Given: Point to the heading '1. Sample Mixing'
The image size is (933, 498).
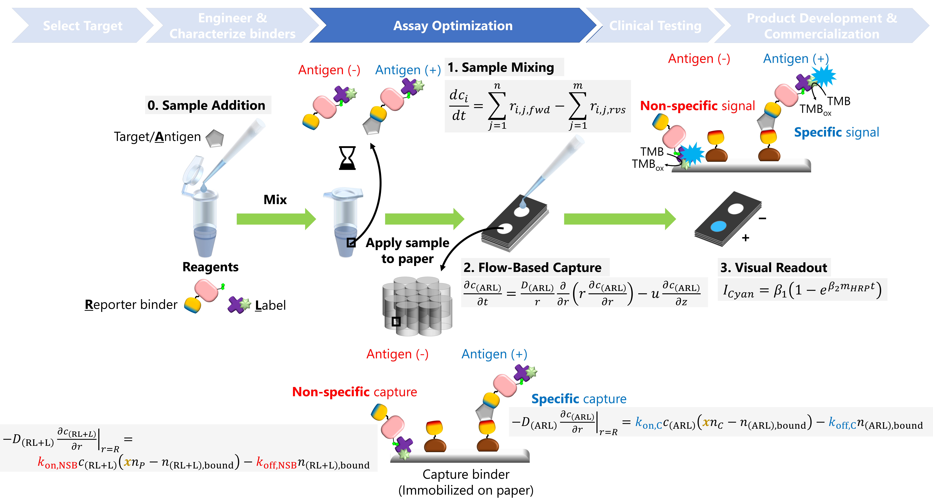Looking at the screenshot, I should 501,67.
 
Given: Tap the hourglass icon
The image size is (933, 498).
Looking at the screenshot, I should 347,158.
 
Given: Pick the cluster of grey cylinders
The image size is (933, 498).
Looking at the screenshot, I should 417,306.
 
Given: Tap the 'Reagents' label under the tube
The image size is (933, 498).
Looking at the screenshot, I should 210,267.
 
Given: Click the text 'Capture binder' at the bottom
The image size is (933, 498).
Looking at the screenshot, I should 466,474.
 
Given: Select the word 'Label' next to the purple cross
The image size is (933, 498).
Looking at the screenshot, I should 270,305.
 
